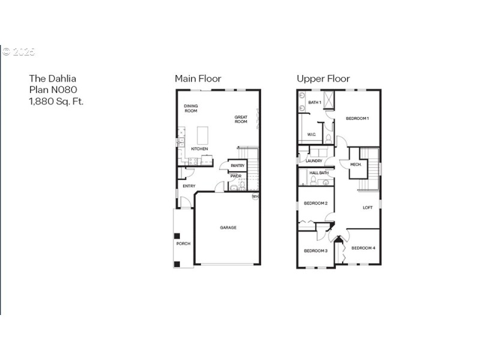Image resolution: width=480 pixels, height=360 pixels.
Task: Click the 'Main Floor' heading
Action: point(197,79)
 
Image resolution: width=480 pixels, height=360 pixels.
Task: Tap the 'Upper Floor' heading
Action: point(323,79)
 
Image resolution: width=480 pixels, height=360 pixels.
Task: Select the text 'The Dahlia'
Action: point(53,79)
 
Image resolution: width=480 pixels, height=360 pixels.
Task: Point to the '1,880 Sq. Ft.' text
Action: point(56,101)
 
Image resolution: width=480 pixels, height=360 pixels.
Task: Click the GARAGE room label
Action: point(228,227)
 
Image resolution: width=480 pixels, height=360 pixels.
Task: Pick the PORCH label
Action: point(183,244)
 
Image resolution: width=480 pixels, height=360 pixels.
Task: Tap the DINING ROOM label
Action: point(191,109)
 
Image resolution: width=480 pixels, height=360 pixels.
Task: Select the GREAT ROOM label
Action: point(241,119)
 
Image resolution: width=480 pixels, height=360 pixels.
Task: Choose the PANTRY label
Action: point(238,166)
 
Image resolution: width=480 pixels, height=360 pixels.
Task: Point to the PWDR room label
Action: point(235,176)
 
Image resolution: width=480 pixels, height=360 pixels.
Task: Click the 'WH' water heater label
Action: point(255,196)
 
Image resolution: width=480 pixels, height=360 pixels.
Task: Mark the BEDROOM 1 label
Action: point(357,118)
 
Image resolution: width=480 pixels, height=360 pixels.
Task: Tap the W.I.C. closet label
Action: point(311,134)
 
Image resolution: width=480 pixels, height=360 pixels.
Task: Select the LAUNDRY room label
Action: point(314,161)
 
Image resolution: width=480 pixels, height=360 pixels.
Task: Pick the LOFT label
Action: point(367,208)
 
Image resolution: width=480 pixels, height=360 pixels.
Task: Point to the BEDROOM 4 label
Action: point(363,248)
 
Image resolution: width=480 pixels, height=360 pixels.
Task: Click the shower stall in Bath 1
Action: point(329,99)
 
